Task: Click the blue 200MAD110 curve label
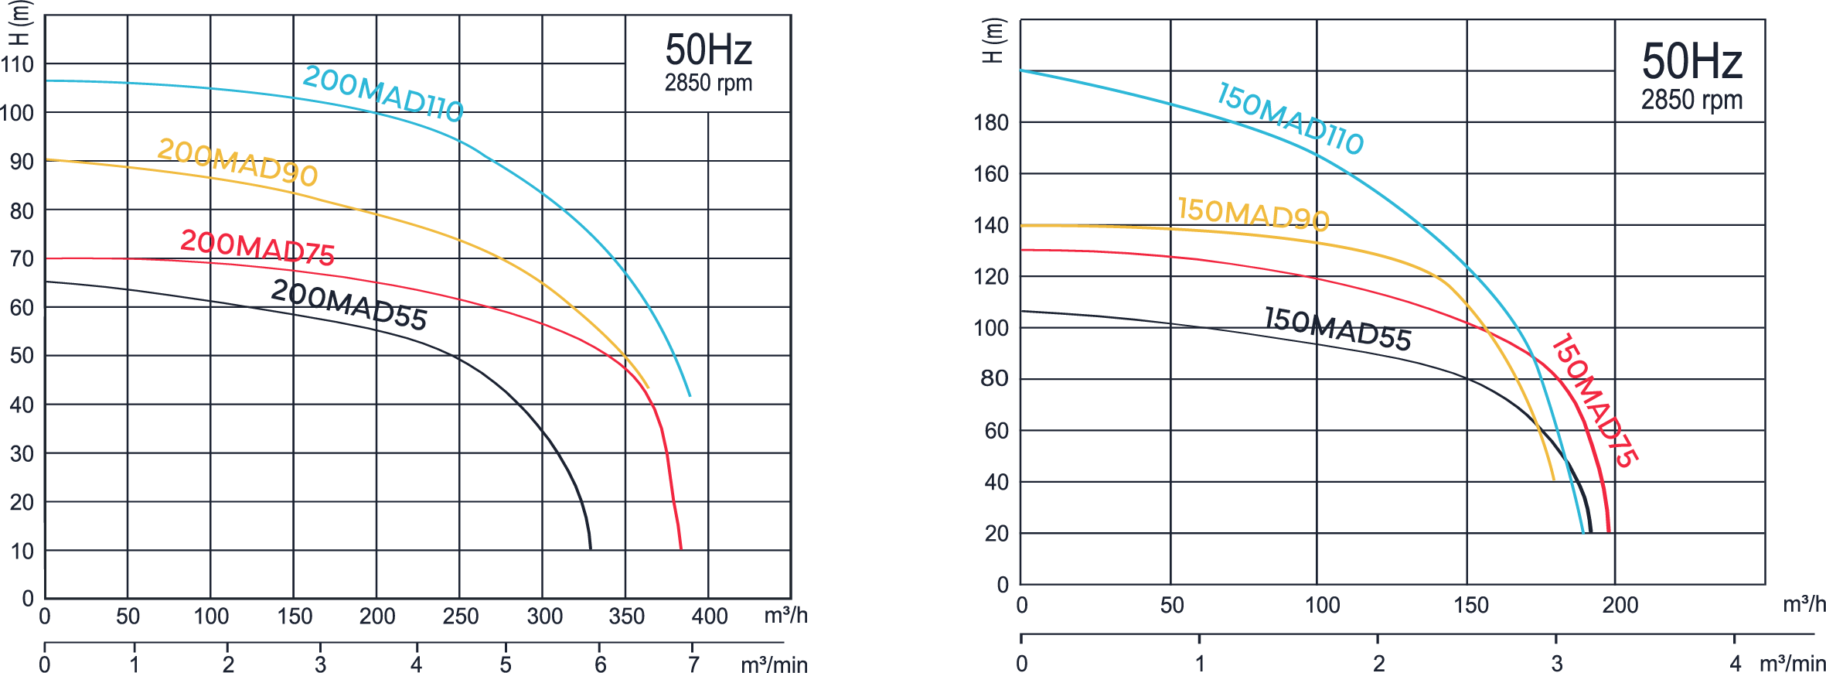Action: (383, 94)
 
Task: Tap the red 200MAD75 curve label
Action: (257, 248)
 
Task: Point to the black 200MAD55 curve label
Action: (349, 305)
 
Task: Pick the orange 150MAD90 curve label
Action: (1252, 214)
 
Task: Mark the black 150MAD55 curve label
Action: (1337, 329)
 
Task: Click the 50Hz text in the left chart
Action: (708, 50)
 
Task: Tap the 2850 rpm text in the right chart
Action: (1691, 100)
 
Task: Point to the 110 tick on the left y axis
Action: (18, 64)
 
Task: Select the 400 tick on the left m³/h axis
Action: (709, 617)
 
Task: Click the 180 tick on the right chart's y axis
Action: (991, 122)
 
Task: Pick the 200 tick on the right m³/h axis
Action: (1620, 605)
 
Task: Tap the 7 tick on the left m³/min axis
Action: (693, 664)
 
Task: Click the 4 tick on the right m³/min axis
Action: (1736, 663)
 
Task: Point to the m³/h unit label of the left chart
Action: (785, 616)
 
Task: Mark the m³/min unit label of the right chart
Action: (1792, 664)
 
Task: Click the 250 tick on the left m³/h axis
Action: (460, 617)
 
